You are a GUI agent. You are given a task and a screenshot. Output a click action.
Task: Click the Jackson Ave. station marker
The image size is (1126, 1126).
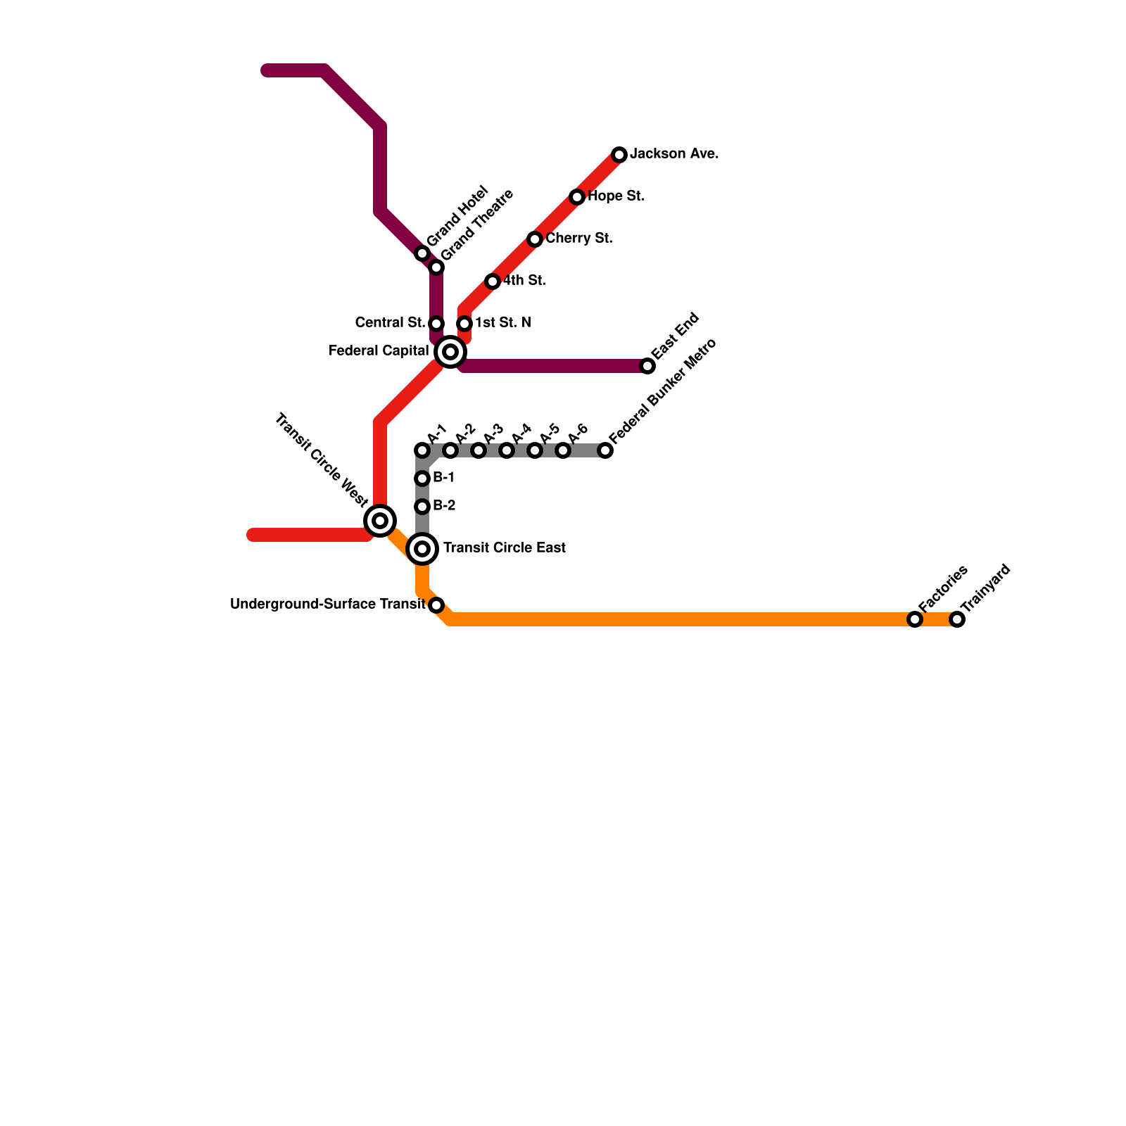(619, 155)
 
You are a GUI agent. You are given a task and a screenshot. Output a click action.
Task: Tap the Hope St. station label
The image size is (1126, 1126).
(616, 196)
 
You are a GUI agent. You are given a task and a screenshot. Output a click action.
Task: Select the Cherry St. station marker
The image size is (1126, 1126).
(535, 239)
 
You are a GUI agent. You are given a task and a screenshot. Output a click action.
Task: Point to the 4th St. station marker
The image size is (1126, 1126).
(493, 281)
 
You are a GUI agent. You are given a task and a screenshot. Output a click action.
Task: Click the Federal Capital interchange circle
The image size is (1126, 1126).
(450, 352)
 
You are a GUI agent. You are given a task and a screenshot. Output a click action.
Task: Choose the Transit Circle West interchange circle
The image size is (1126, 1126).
(380, 521)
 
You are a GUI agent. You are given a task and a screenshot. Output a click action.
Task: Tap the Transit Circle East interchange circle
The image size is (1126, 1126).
(422, 549)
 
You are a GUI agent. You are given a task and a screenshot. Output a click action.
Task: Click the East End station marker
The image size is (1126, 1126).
(647, 366)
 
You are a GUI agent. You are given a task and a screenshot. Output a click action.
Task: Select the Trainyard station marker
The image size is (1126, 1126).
(957, 619)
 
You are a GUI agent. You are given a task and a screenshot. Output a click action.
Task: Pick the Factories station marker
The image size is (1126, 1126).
(915, 619)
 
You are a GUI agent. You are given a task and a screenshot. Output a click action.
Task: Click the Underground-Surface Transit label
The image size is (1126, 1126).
(327, 605)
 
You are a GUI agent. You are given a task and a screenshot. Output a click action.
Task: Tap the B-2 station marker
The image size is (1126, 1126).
(422, 507)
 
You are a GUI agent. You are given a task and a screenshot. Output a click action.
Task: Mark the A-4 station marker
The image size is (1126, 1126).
(507, 450)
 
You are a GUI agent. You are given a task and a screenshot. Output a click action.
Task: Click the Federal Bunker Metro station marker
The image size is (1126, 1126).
(605, 450)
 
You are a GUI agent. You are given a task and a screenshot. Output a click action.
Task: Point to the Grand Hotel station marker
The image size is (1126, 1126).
(422, 253)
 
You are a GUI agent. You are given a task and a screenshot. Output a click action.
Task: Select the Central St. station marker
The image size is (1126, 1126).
(436, 324)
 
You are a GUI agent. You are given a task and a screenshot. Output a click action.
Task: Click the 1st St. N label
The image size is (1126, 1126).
(502, 323)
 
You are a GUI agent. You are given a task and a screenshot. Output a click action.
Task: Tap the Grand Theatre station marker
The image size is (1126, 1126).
(436, 267)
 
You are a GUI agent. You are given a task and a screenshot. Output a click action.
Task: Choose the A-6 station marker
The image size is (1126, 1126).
(563, 450)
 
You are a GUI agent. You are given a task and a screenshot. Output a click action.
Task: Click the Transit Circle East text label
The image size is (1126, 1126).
(504, 548)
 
